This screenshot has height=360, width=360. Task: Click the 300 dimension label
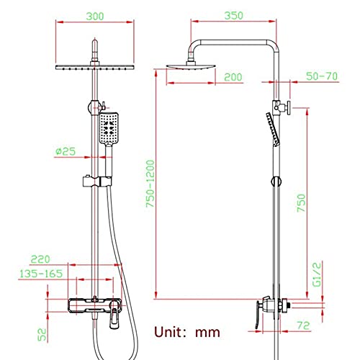(x=95, y=17)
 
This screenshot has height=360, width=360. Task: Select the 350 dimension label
(x=234, y=15)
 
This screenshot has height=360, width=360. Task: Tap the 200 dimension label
(x=233, y=77)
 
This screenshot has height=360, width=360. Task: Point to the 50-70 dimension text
(x=322, y=76)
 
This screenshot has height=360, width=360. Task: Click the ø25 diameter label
(x=66, y=151)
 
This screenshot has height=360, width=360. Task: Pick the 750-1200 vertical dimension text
(x=150, y=184)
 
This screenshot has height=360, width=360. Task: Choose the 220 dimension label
(x=40, y=259)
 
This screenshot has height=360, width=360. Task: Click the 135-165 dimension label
(x=41, y=274)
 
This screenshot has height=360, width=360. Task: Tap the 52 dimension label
(x=42, y=334)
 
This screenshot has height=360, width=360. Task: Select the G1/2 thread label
(x=317, y=274)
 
